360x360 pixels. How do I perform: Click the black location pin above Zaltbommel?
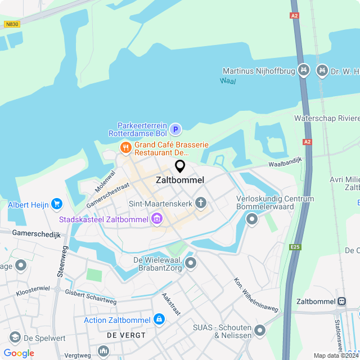(180, 166)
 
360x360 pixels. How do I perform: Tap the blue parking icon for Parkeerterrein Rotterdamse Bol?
(175, 130)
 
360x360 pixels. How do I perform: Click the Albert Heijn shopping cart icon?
(56, 204)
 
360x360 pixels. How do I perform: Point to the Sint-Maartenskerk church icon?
(201, 203)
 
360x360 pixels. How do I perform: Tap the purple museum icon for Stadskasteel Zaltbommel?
(157, 218)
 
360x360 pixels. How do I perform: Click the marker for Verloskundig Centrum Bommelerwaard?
(251, 219)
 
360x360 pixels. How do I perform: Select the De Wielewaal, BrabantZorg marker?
(191, 263)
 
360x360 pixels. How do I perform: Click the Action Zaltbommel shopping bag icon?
(159, 319)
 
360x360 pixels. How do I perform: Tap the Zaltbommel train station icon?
(341, 301)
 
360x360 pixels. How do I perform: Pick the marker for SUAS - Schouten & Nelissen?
(259, 330)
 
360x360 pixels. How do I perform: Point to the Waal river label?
(228, 81)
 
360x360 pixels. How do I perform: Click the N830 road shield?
(11, 24)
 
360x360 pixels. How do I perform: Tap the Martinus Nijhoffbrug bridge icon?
(304, 70)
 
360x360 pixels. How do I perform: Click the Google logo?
(19, 353)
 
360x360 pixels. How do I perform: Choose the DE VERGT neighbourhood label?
(126, 335)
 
